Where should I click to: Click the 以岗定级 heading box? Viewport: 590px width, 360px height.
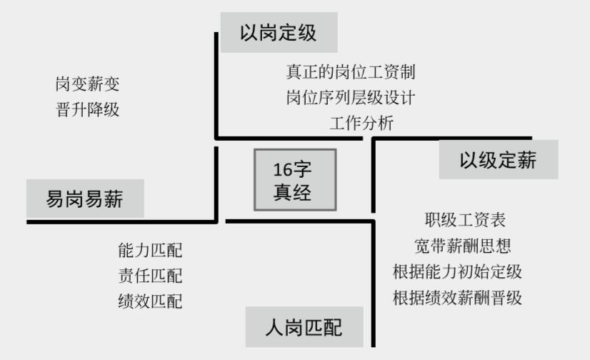[x=279, y=34]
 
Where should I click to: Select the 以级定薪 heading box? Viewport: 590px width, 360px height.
[x=498, y=159]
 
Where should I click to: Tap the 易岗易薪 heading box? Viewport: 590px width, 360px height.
[x=85, y=199]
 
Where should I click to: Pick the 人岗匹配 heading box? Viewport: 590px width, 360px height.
[x=304, y=328]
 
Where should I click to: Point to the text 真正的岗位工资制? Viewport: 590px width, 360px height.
[x=350, y=72]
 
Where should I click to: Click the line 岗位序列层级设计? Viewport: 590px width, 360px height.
[x=350, y=97]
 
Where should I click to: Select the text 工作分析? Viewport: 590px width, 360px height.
[x=361, y=122]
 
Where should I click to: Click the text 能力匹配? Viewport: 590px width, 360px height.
[x=150, y=250]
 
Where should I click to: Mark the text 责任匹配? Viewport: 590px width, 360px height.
[x=150, y=276]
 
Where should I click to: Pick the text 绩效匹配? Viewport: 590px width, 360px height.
[x=150, y=301]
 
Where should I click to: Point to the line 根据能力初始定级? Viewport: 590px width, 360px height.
[x=457, y=272]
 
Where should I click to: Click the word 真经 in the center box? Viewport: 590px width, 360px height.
[x=293, y=191]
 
